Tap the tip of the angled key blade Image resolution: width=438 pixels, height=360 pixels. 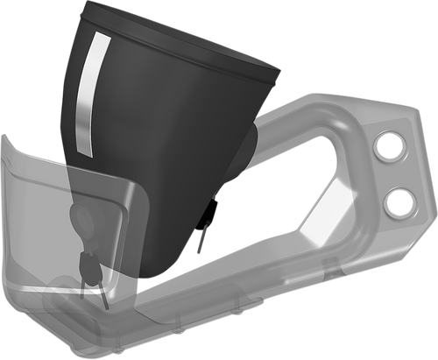pos(106,304)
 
